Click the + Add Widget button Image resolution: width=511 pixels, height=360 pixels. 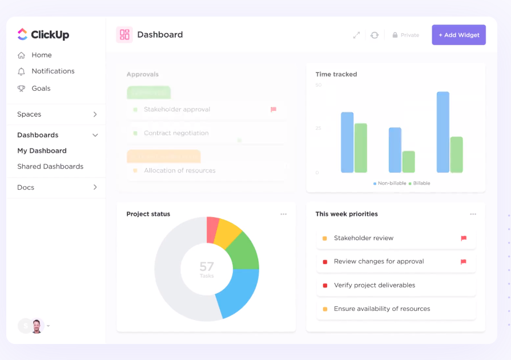click(458, 35)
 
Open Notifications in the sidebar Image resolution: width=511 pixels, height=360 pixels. click(53, 71)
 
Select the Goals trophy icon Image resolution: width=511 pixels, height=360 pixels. click(22, 89)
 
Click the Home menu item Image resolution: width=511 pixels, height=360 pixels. click(41, 55)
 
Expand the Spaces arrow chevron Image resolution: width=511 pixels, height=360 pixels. click(95, 114)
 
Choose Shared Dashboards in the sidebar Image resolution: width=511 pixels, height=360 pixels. click(50, 166)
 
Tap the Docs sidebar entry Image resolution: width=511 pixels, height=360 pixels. click(26, 187)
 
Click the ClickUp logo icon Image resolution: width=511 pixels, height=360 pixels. click(22, 34)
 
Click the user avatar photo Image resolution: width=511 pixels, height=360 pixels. click(37, 326)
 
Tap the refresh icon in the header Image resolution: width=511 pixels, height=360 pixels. click(375, 35)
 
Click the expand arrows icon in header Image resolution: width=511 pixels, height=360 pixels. click(356, 35)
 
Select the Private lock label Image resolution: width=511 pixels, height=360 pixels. click(406, 35)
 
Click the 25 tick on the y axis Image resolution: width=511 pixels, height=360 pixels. click(318, 128)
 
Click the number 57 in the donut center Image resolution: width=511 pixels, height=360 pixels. click(207, 266)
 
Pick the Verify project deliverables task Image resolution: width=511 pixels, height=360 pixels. click(375, 285)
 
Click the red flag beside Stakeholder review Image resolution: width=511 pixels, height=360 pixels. click(464, 238)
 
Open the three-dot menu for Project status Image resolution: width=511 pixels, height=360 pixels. click(284, 214)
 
